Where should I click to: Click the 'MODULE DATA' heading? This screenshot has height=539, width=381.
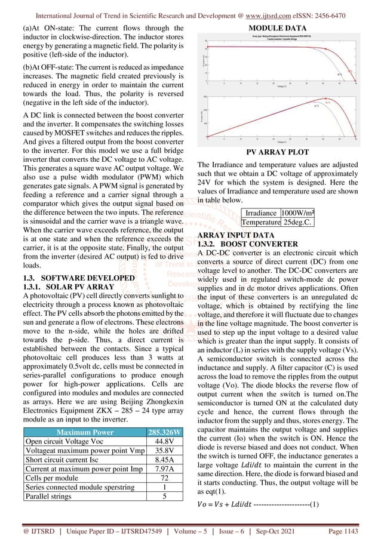point(278,28)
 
